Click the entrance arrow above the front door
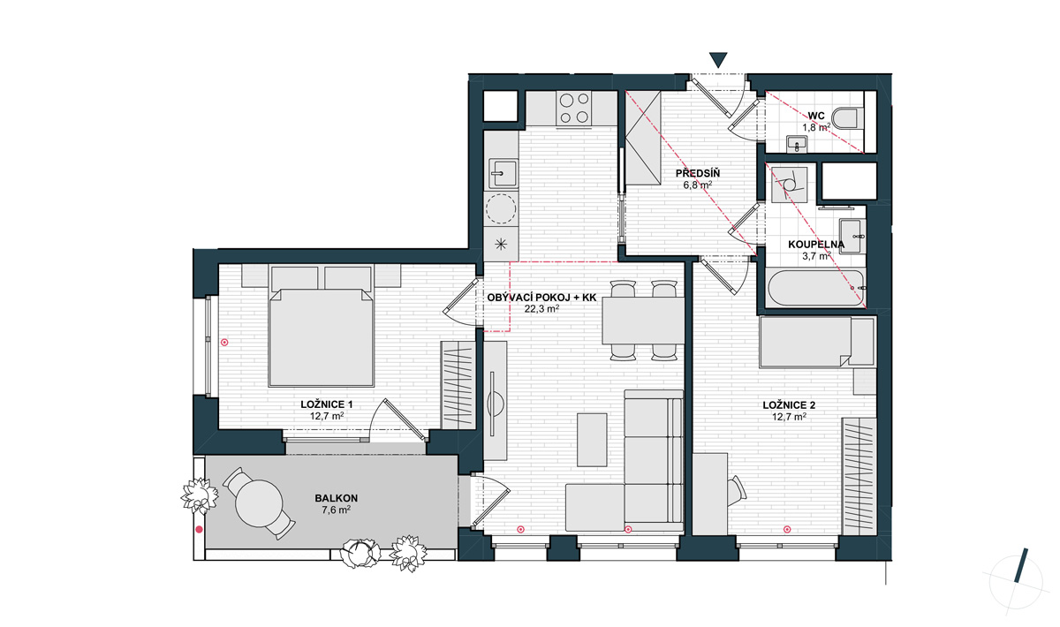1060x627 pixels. click(x=718, y=60)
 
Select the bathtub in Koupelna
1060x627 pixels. click(x=816, y=288)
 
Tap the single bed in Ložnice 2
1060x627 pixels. click(x=817, y=342)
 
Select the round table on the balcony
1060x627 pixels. click(x=259, y=502)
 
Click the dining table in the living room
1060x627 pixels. click(x=643, y=321)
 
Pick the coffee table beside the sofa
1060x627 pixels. click(x=592, y=440)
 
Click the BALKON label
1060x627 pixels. click(x=336, y=498)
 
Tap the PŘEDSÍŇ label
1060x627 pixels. click(x=698, y=173)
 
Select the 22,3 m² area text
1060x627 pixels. click(x=541, y=309)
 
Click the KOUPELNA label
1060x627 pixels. click(x=816, y=245)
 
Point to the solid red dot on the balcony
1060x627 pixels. click(x=200, y=530)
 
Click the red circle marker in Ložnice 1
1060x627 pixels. click(x=224, y=342)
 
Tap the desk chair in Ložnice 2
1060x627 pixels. click(x=737, y=491)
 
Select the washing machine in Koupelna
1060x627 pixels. click(x=789, y=185)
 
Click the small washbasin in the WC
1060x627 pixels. click(x=798, y=144)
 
